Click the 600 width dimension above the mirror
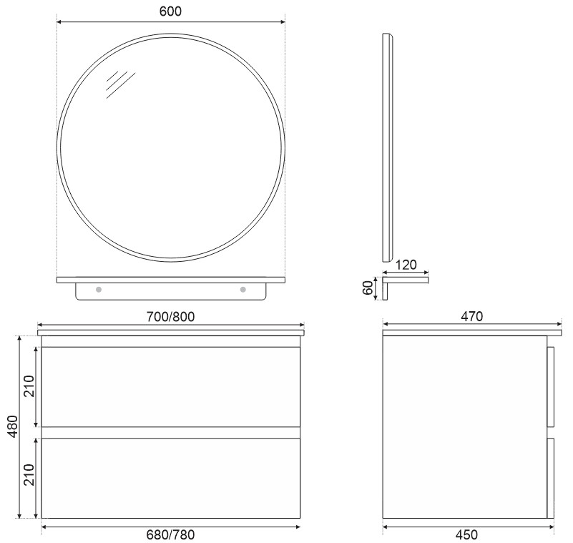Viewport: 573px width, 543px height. click(x=170, y=11)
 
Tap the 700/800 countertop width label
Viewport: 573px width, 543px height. click(x=170, y=315)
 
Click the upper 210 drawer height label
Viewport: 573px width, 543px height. click(x=29, y=386)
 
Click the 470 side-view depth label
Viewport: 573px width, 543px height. click(x=471, y=315)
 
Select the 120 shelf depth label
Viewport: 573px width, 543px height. click(x=406, y=265)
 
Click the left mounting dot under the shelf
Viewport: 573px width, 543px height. click(x=99, y=290)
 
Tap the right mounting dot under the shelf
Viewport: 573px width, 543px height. click(x=243, y=290)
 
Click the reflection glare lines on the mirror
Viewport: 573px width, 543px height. click(x=119, y=84)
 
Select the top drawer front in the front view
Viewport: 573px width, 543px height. click(x=170, y=386)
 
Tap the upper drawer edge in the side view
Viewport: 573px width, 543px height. click(x=551, y=387)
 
